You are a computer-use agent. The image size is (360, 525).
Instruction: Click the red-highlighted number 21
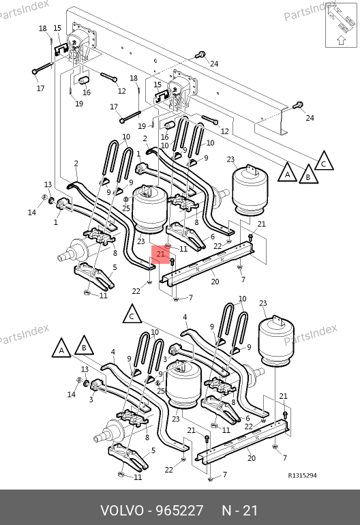click(160, 254)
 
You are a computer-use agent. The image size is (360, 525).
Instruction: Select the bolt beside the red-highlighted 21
click(172, 262)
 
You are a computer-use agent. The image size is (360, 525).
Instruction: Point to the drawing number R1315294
click(303, 475)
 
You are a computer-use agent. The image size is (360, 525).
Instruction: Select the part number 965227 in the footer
click(180, 511)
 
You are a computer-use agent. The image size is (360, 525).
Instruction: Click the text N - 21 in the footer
click(240, 511)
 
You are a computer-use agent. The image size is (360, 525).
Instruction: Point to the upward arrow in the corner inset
click(341, 40)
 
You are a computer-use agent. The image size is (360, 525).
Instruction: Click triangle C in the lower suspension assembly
click(132, 314)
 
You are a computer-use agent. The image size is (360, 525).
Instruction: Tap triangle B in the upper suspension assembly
click(308, 175)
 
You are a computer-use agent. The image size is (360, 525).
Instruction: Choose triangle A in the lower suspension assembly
click(61, 348)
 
